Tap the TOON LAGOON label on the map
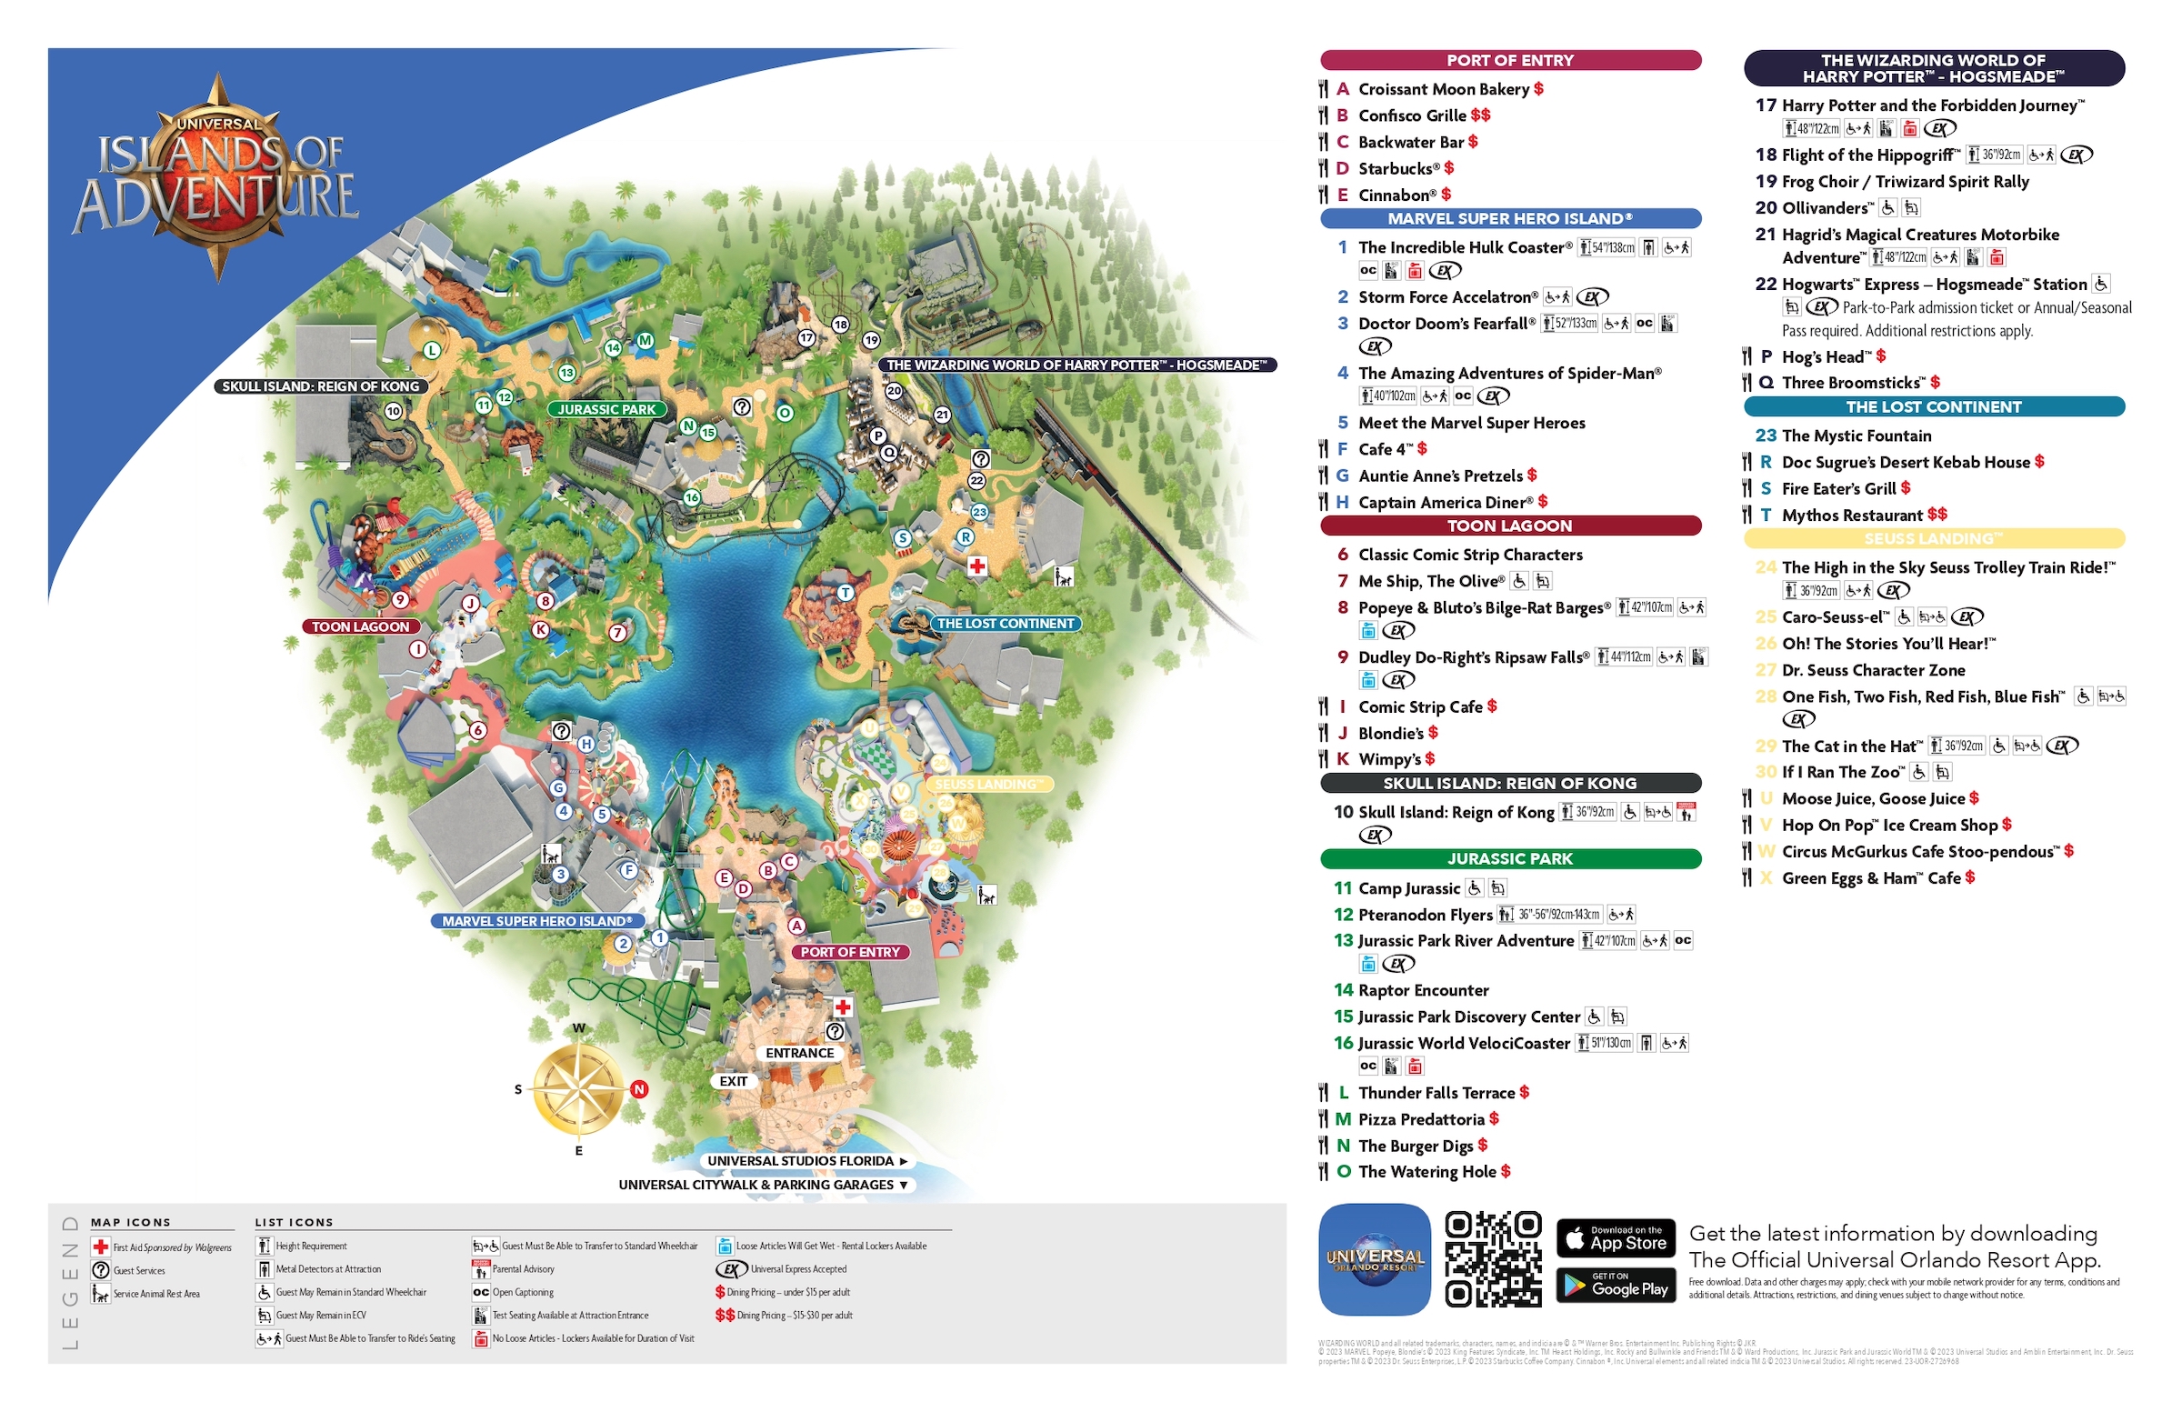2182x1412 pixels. click(x=360, y=627)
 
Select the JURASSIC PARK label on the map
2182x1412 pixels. click(x=606, y=410)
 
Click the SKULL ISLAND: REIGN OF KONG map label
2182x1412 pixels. click(x=321, y=387)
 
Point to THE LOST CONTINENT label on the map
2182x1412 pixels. click(x=1005, y=624)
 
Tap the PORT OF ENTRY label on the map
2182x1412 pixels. click(x=850, y=953)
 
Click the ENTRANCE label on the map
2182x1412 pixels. click(x=799, y=1054)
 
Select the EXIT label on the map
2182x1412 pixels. click(x=733, y=1082)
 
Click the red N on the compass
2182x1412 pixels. click(x=639, y=1090)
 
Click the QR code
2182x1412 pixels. click(x=1493, y=1259)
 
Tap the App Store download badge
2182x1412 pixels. click(x=1616, y=1238)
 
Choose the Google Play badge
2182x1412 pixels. click(x=1616, y=1287)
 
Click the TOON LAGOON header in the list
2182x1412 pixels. click(x=1510, y=526)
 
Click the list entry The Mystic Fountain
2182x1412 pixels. click(x=1856, y=436)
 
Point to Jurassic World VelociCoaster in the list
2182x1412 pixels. click(x=1463, y=1044)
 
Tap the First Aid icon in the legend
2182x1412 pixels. click(x=101, y=1247)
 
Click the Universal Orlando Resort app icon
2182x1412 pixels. click(x=1375, y=1260)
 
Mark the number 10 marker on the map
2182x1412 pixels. click(x=394, y=412)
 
